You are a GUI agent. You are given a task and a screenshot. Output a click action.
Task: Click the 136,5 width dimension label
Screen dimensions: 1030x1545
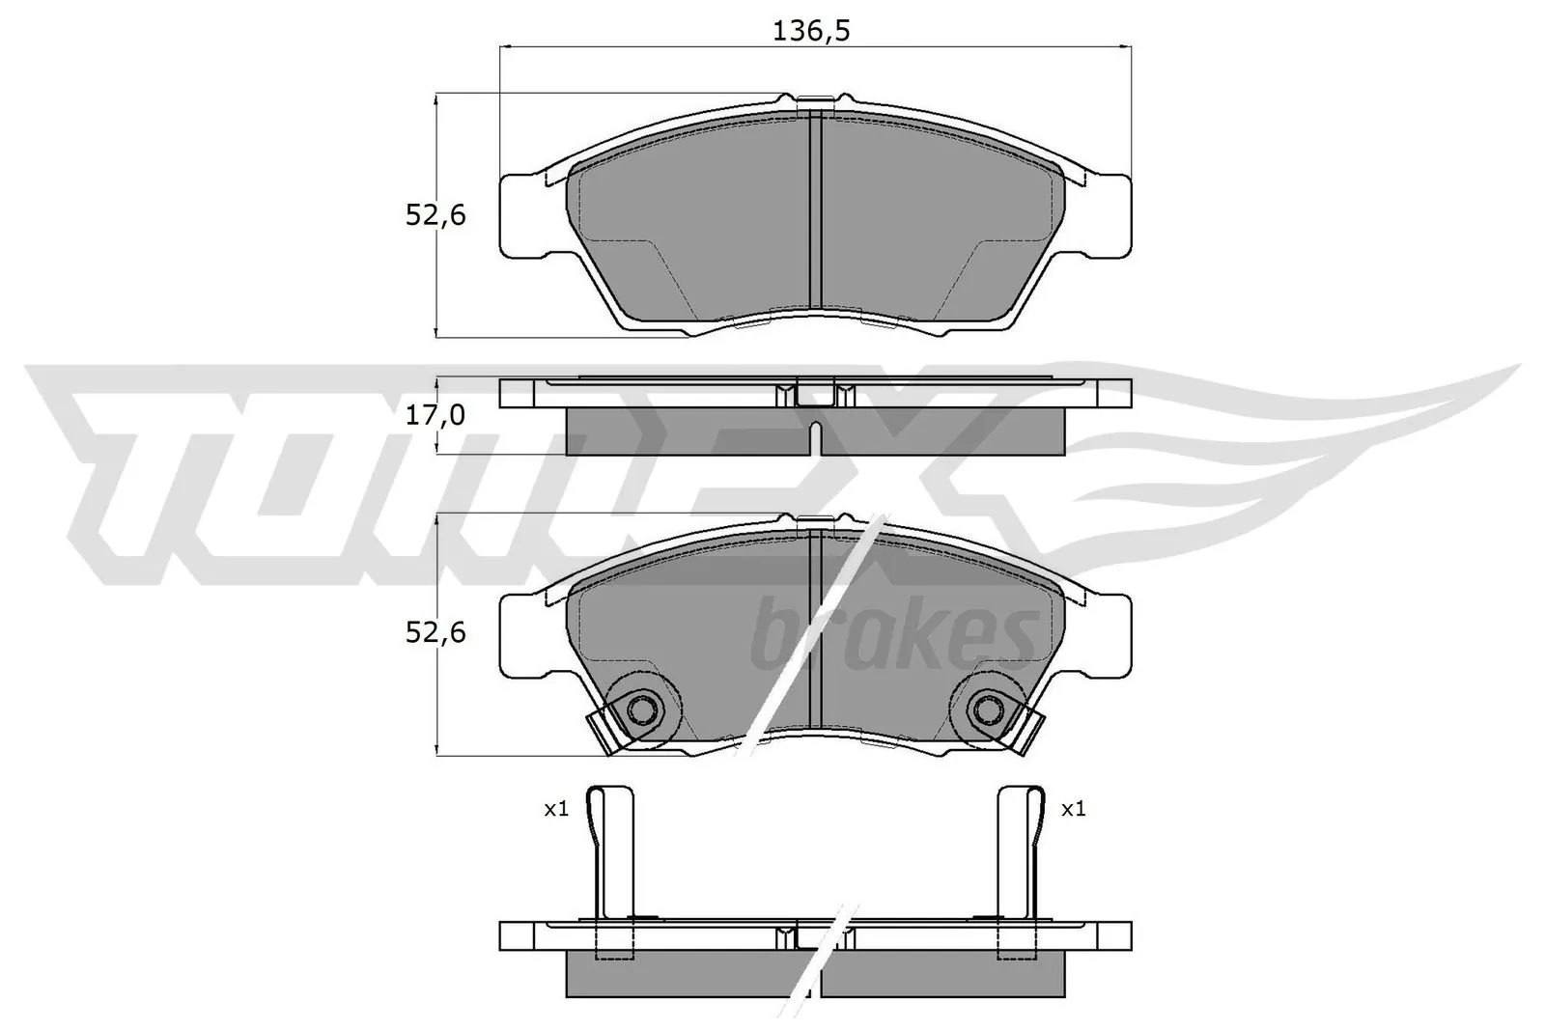pos(811,31)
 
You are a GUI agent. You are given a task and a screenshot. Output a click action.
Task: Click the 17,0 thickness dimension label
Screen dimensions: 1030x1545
pos(435,415)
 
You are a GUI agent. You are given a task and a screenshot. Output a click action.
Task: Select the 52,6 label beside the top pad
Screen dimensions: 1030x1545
pos(435,214)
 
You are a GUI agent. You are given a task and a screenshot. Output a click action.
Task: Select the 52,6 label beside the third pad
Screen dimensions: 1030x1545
pos(435,632)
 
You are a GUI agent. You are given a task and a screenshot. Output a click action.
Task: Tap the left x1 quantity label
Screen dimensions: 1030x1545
pos(556,809)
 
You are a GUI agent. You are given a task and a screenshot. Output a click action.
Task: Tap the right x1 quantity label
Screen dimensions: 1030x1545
pos(1073,809)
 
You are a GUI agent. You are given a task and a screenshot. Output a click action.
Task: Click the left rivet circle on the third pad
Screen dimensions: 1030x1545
pos(641,711)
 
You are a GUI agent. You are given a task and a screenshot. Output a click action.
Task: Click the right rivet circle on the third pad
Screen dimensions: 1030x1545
pos(986,711)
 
